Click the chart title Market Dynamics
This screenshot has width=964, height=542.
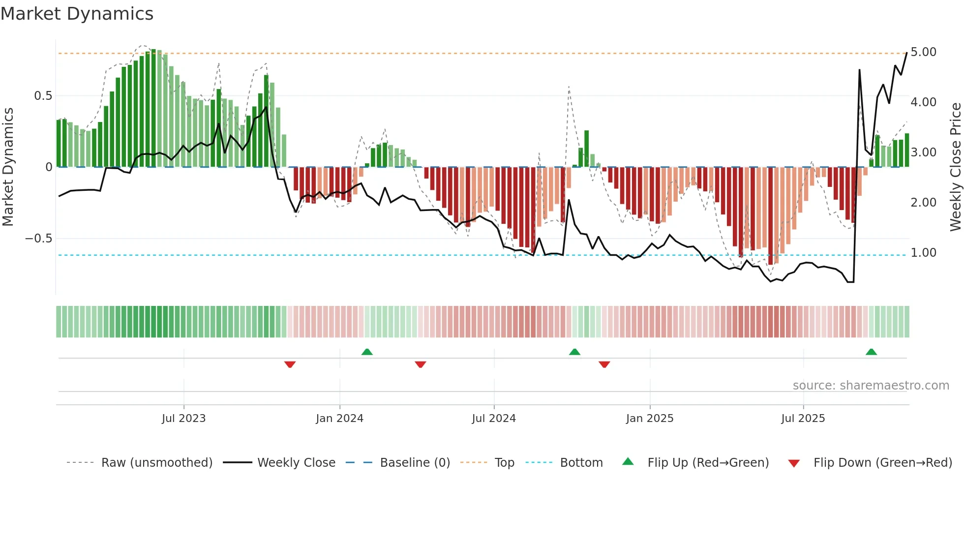(x=77, y=14)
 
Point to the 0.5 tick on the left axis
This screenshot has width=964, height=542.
(x=43, y=96)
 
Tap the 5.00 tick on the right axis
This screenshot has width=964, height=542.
(x=923, y=52)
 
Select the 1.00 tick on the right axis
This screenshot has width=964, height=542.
(x=923, y=253)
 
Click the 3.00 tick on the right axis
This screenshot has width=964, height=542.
(x=923, y=152)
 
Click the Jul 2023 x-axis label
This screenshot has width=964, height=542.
(x=183, y=419)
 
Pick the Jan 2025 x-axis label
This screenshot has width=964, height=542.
(x=649, y=419)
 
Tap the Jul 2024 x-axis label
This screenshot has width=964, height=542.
(x=494, y=419)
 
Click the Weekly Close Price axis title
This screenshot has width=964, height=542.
(x=955, y=167)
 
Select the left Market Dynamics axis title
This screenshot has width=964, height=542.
(x=8, y=167)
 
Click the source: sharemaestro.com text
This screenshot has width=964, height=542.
(x=871, y=386)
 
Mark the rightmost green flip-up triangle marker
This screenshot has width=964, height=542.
(x=871, y=352)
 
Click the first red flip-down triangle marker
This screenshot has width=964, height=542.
(x=290, y=364)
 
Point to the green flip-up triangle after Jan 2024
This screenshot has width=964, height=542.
(x=367, y=352)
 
